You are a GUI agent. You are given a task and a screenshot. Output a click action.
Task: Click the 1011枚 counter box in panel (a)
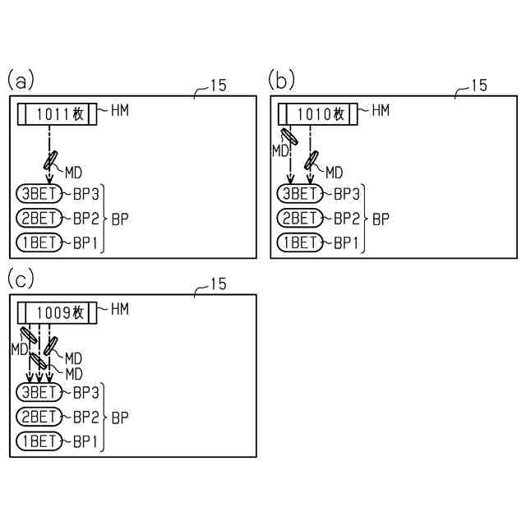(57, 113)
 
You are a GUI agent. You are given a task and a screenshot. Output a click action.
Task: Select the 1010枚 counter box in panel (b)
(318, 113)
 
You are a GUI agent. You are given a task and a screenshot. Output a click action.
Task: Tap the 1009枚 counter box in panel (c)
(57, 312)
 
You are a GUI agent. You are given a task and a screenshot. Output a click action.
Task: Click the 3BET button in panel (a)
(39, 194)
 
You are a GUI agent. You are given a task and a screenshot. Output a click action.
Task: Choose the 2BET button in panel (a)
(39, 218)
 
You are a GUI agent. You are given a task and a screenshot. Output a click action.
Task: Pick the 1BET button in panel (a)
(39, 242)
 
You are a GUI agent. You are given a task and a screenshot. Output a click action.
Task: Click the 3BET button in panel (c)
(39, 392)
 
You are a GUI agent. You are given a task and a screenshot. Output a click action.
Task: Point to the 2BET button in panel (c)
(39, 417)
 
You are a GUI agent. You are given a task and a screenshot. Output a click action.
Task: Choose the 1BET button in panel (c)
(39, 441)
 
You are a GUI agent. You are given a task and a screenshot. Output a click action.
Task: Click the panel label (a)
(21, 80)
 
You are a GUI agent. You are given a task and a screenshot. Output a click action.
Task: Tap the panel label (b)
(281, 80)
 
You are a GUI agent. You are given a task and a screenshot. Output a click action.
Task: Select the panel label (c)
(21, 279)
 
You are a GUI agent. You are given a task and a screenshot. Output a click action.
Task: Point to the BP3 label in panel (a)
(85, 194)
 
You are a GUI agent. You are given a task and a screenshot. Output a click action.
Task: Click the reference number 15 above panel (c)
(218, 284)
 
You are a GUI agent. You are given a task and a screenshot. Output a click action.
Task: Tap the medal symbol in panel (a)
(51, 159)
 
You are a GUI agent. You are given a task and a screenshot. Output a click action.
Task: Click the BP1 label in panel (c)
(85, 441)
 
